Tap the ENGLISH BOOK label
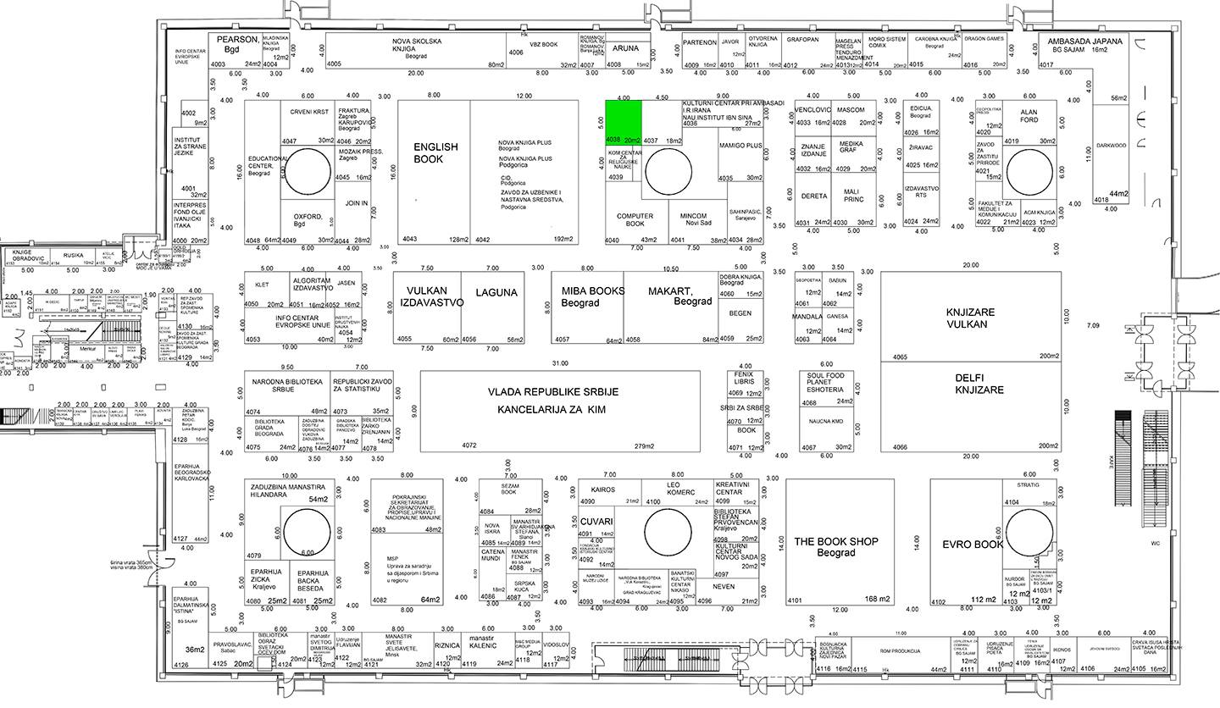[x=435, y=152]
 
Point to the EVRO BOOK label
[x=973, y=545]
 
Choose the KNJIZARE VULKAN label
[x=971, y=318]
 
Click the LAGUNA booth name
[x=496, y=293]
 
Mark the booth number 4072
[x=469, y=445]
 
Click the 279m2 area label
[x=647, y=445]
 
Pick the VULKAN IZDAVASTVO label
[x=431, y=296]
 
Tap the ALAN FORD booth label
[x=1029, y=115]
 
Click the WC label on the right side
[x=1156, y=544]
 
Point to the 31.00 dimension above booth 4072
[x=559, y=363]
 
